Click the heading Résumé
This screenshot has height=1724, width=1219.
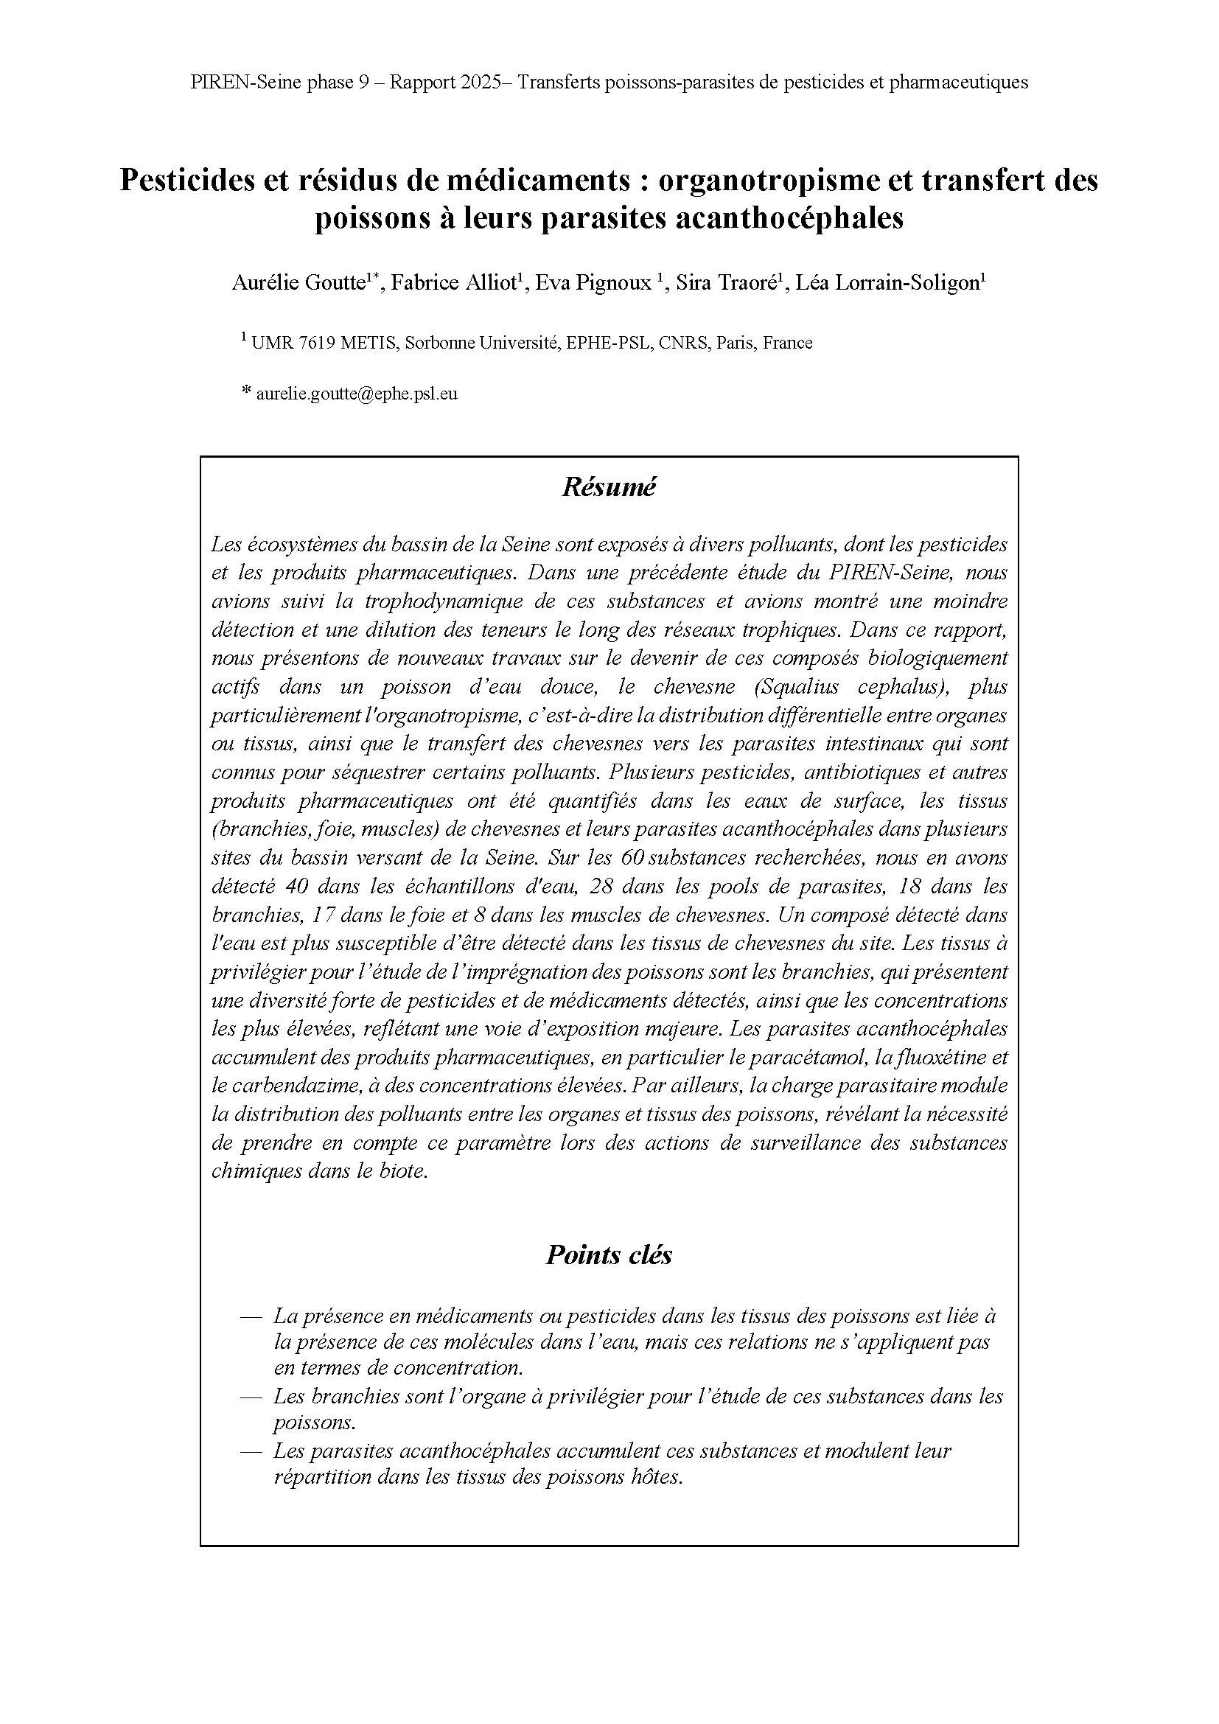tap(609, 487)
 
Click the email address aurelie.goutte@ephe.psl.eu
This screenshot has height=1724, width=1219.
tap(357, 393)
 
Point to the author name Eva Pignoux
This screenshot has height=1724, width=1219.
tap(593, 283)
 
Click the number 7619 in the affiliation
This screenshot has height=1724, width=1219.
tap(316, 343)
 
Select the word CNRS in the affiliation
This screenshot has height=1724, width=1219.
tap(686, 343)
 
